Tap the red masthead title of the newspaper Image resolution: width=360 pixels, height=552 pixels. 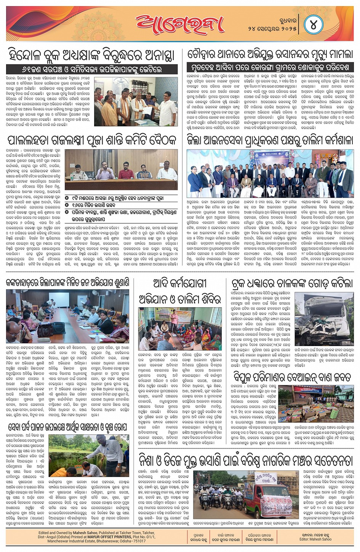click(179, 24)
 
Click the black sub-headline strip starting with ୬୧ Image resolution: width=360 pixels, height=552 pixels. click(92, 70)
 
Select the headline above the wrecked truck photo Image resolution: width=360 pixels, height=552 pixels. click(292, 284)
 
